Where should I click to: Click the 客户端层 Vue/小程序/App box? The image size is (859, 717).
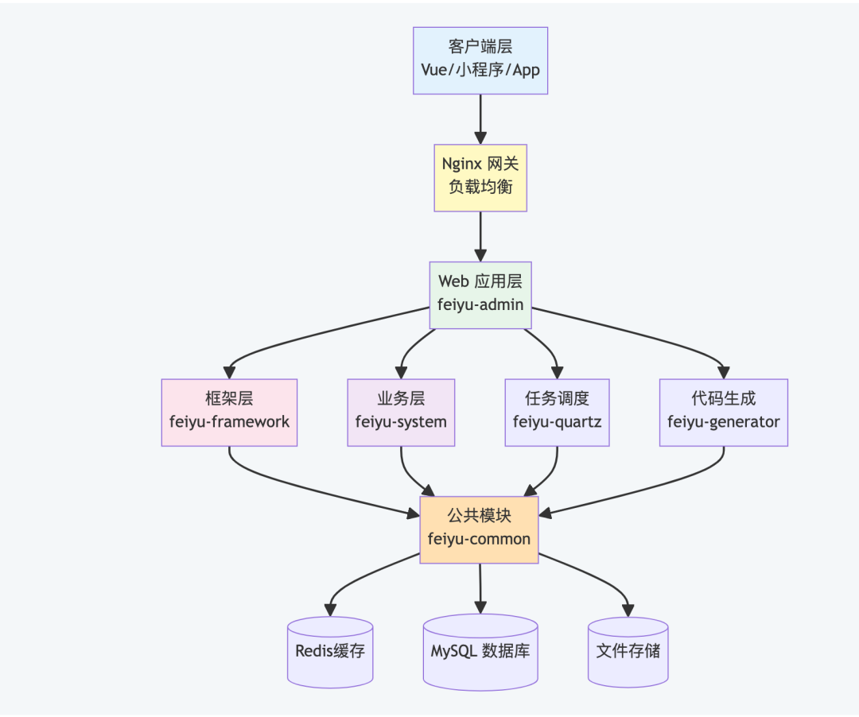(x=480, y=60)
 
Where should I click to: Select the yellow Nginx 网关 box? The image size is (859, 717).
(x=480, y=178)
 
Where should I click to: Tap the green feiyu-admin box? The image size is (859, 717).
(x=480, y=295)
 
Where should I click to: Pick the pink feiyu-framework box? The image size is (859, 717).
(x=229, y=413)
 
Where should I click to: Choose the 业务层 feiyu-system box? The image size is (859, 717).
(x=401, y=413)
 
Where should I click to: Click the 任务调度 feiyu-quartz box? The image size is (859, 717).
(x=557, y=413)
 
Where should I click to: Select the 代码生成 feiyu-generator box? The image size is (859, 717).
(x=724, y=413)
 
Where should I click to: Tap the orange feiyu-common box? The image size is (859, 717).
(x=480, y=530)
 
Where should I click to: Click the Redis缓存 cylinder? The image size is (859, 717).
(x=330, y=652)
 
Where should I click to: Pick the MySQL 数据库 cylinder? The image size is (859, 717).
(x=480, y=652)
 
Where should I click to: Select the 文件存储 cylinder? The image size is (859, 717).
(x=628, y=652)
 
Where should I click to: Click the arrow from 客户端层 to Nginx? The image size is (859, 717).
(x=480, y=119)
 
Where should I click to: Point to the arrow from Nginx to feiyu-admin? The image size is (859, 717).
(x=480, y=236)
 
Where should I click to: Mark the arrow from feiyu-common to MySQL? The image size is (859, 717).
(x=480, y=589)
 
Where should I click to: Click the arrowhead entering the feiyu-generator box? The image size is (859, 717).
(x=724, y=373)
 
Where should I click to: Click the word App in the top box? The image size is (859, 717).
(x=526, y=71)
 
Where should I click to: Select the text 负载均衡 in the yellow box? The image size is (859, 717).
(x=480, y=187)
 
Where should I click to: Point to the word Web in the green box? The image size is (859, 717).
(x=453, y=281)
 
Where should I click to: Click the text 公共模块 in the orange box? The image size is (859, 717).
(x=480, y=516)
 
